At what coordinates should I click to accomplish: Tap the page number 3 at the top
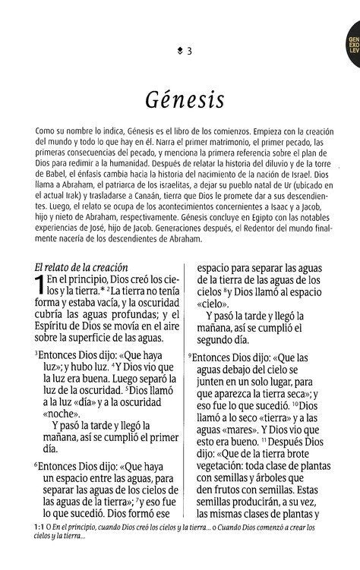(x=189, y=51)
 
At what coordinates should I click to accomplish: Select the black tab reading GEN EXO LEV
(x=352, y=55)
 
